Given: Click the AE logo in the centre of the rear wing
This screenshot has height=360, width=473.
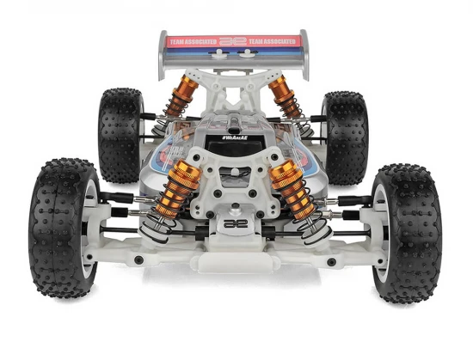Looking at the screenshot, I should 232,40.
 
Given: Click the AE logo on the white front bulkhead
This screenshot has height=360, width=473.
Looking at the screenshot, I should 233,222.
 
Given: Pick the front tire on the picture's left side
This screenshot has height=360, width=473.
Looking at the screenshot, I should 64,228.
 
